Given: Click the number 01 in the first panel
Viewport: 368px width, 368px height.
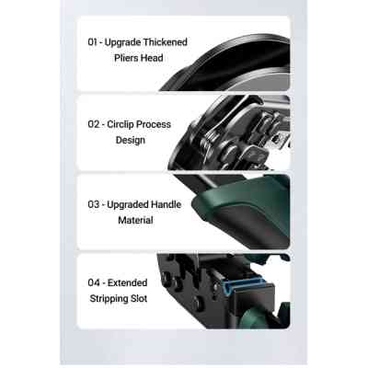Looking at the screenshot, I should [x=93, y=42].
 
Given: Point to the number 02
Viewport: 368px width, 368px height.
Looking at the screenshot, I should [x=94, y=123].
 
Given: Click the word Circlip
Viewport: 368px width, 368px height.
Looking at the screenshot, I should [x=125, y=123].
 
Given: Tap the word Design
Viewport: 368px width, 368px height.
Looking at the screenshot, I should [x=130, y=141].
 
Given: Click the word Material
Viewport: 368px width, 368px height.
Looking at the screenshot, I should [x=134, y=220].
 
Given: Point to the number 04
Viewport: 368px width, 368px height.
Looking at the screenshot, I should [x=94, y=282].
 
